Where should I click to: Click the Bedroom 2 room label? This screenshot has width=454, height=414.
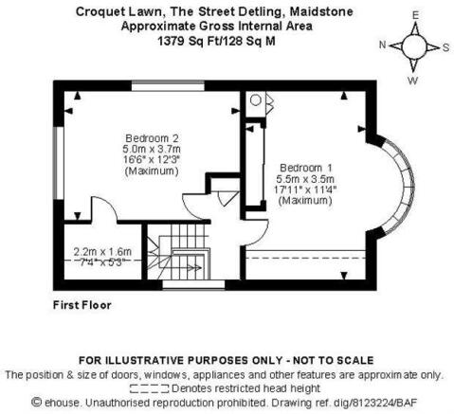(152, 138)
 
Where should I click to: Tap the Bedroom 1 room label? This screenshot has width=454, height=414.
(305, 168)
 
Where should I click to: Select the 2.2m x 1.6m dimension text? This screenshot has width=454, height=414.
(102, 252)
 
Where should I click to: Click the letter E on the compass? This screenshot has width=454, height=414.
(415, 15)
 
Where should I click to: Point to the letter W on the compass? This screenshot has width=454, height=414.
(412, 81)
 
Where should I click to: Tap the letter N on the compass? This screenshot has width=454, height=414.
(383, 45)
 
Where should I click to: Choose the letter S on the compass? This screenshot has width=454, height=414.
(445, 47)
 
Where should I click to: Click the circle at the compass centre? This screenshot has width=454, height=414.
(414, 46)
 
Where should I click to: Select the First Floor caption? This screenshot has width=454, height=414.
(82, 305)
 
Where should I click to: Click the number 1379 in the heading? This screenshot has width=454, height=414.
(171, 41)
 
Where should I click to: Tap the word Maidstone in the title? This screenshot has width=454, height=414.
(321, 11)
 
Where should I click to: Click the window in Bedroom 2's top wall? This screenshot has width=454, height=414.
(168, 86)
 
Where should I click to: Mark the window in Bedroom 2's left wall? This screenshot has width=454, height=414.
(59, 163)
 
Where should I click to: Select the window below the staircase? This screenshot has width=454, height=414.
(193, 284)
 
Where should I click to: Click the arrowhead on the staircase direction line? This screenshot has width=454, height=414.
(198, 268)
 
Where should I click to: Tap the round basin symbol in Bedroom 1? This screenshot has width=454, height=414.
(256, 100)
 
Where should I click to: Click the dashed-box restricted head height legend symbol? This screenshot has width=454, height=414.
(150, 388)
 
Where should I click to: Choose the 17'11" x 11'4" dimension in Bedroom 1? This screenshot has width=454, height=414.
(305, 189)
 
